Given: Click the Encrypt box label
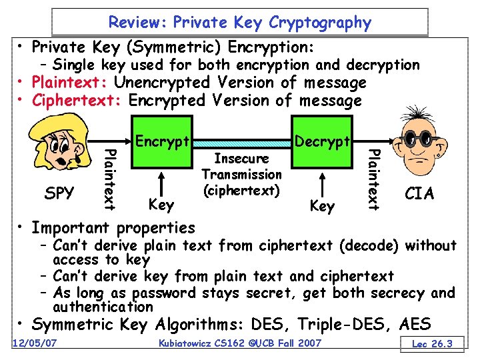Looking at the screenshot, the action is click(163, 141).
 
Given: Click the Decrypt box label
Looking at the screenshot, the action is click(322, 141).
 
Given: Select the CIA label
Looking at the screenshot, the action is click(419, 193).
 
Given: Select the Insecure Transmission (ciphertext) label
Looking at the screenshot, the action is click(241, 175).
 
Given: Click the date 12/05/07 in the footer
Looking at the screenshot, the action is click(34, 343).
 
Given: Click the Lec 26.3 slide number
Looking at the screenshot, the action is click(433, 343).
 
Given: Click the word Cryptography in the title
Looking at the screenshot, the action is click(320, 22).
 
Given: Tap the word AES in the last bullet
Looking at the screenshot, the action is click(415, 325).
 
